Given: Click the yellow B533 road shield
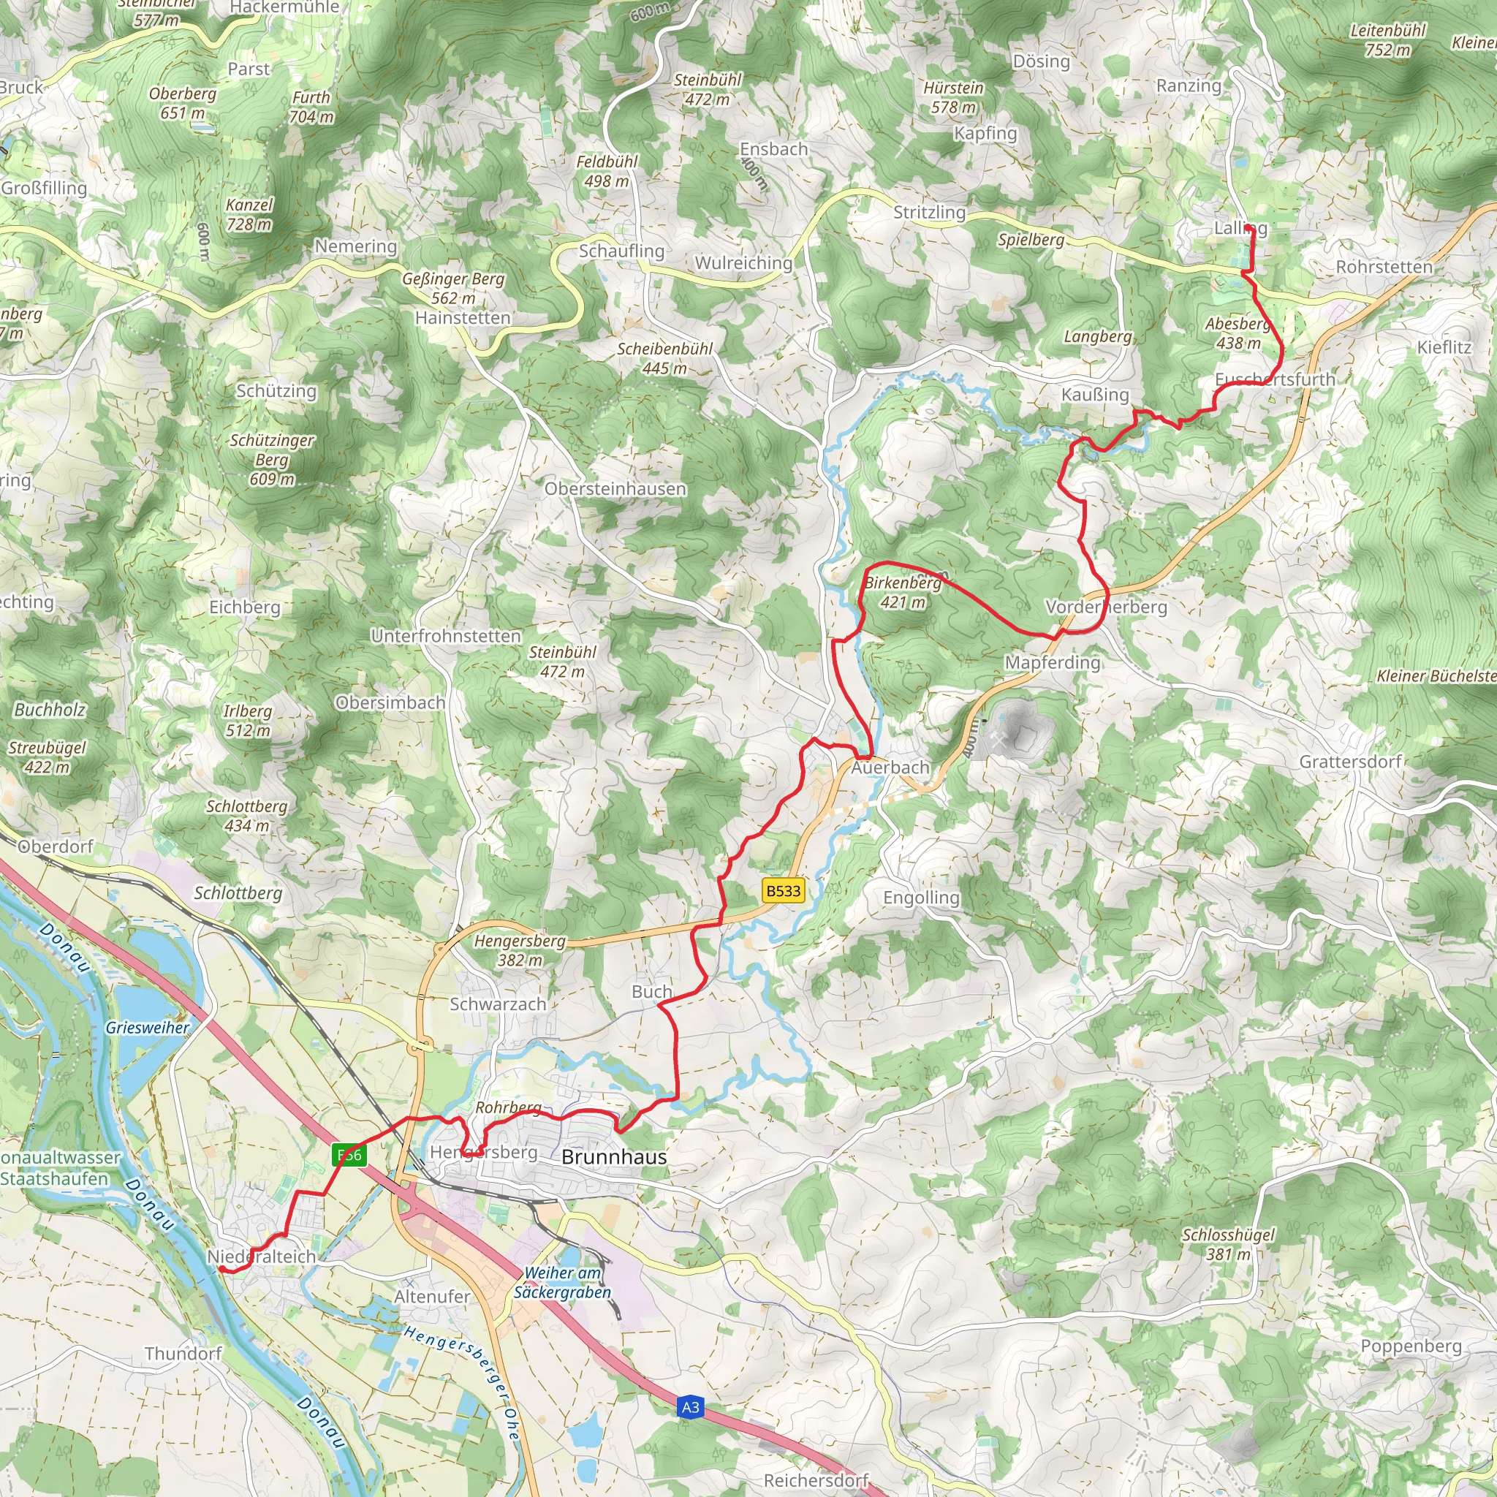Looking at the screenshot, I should tap(783, 890).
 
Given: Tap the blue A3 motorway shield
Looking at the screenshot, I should tap(689, 1407).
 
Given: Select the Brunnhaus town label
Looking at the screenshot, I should tap(614, 1157).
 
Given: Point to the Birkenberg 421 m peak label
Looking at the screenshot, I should tap(903, 592).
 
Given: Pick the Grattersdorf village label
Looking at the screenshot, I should tap(1351, 762).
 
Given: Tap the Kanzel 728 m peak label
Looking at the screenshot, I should tap(249, 215).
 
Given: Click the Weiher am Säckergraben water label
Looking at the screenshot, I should tap(563, 1282).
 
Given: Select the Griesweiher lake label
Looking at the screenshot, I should tap(147, 1028).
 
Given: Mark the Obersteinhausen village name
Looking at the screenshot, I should tap(615, 489).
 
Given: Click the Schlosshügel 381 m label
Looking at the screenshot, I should tap(1228, 1243).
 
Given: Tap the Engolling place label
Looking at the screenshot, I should tap(921, 898).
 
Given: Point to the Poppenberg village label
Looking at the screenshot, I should tap(1411, 1346).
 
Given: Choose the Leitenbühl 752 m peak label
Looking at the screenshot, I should tap(1388, 40).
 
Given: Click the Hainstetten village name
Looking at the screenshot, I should tap(463, 318).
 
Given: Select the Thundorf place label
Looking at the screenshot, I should tap(183, 1354).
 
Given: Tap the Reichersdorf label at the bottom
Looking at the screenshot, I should tap(816, 1480).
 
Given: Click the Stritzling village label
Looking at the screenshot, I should tap(929, 212).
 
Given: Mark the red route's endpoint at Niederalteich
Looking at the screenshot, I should tap(220, 1268).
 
